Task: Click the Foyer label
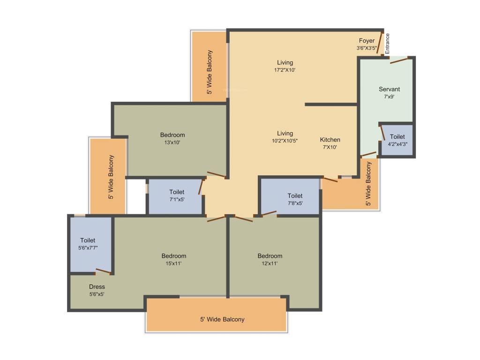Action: click(367, 41)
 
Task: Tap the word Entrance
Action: click(387, 44)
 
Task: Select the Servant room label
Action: click(389, 89)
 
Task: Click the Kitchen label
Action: click(330, 140)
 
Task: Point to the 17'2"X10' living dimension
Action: click(285, 70)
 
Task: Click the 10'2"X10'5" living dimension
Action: click(285, 141)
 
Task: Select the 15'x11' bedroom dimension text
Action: click(173, 263)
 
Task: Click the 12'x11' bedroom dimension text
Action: click(270, 263)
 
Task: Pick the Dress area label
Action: click(97, 287)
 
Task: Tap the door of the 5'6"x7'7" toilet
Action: click(104, 271)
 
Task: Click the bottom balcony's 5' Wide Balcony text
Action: click(222, 319)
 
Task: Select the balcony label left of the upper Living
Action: click(210, 72)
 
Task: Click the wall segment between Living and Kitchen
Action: click(331, 105)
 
